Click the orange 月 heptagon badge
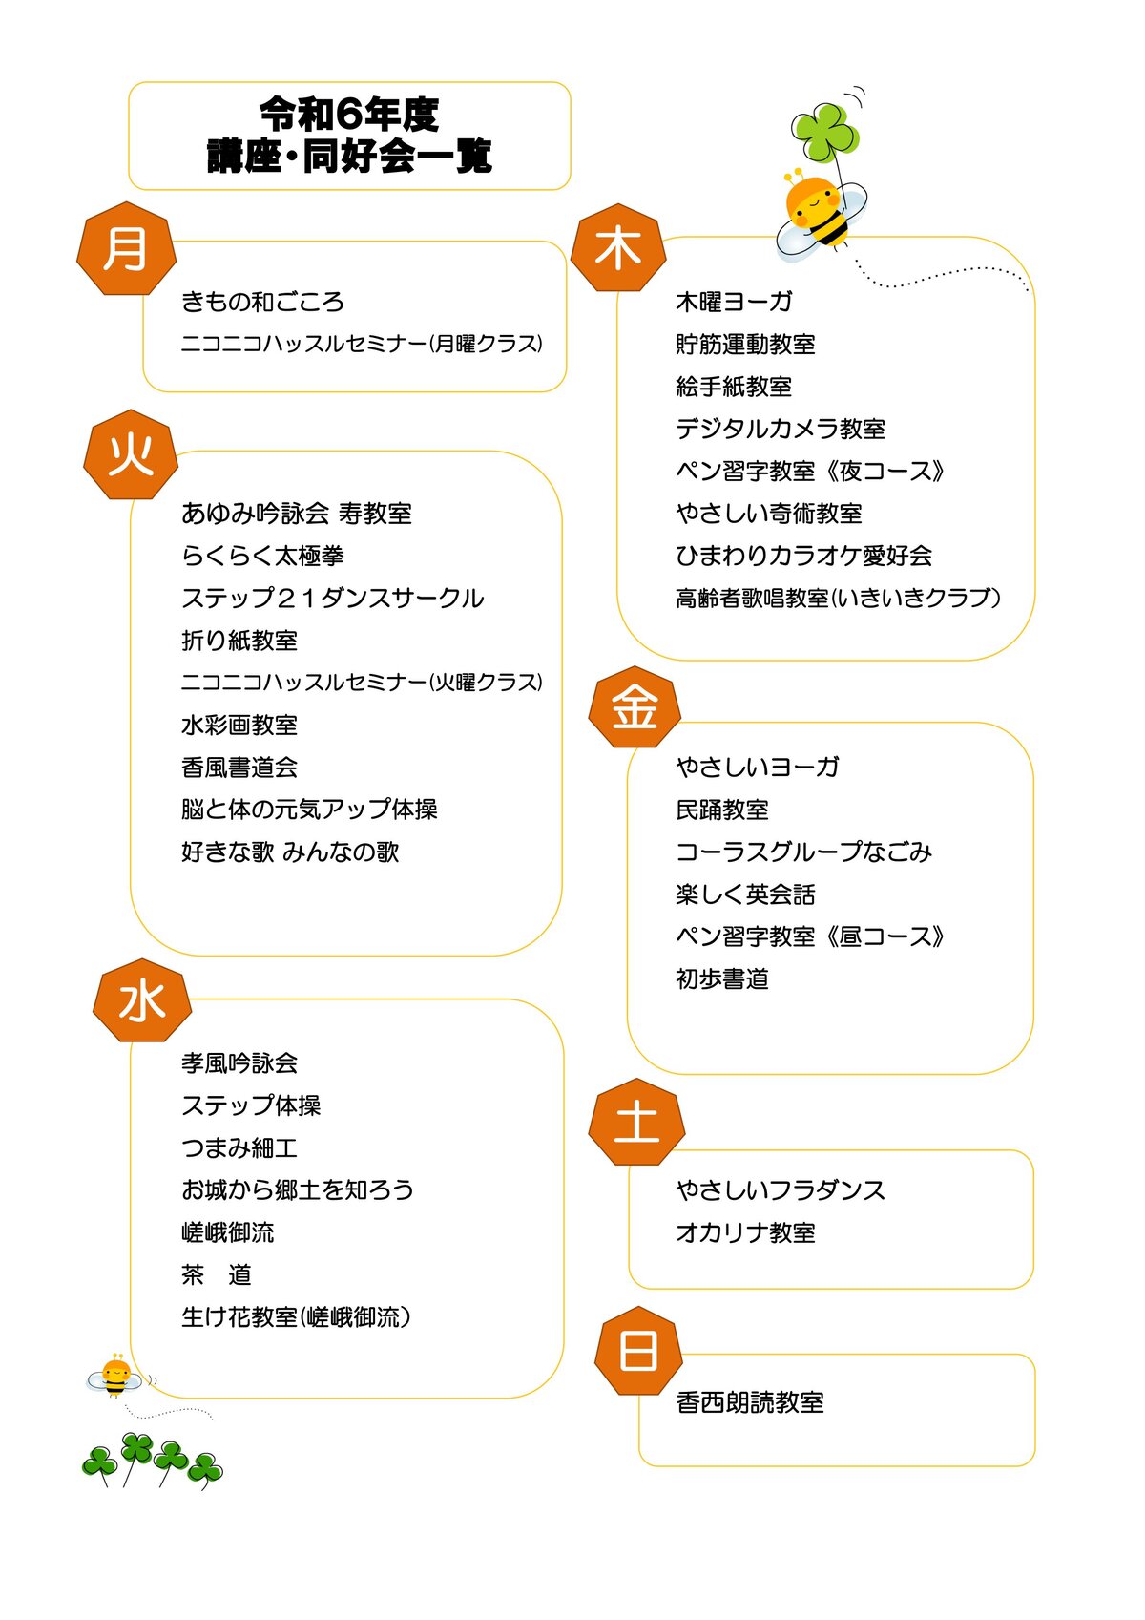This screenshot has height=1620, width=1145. [x=127, y=248]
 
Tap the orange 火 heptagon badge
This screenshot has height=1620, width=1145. [x=131, y=454]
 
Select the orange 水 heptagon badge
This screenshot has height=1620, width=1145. [x=141, y=1001]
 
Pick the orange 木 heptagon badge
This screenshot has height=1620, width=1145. [x=618, y=247]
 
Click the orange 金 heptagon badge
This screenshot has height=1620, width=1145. [x=635, y=706]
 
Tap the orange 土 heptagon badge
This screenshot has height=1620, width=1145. [x=636, y=1122]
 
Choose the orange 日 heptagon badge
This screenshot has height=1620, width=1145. [x=639, y=1350]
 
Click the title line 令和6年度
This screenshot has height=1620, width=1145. [x=349, y=115]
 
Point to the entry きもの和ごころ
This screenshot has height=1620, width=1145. [x=262, y=302]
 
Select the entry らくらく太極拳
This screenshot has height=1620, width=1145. [x=262, y=556]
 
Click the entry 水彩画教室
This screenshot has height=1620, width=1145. [x=239, y=725]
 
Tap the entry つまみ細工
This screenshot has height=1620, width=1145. [x=239, y=1147]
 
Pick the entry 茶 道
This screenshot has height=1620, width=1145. [x=217, y=1274]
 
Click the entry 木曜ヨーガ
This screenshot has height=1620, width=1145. [x=734, y=302]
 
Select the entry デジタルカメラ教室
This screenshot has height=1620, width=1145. [x=781, y=429]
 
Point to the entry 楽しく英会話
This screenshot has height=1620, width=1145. [x=745, y=894]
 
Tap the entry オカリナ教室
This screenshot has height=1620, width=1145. [x=745, y=1232]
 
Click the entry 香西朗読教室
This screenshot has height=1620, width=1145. [x=750, y=1402]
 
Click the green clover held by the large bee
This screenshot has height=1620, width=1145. [x=824, y=132]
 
